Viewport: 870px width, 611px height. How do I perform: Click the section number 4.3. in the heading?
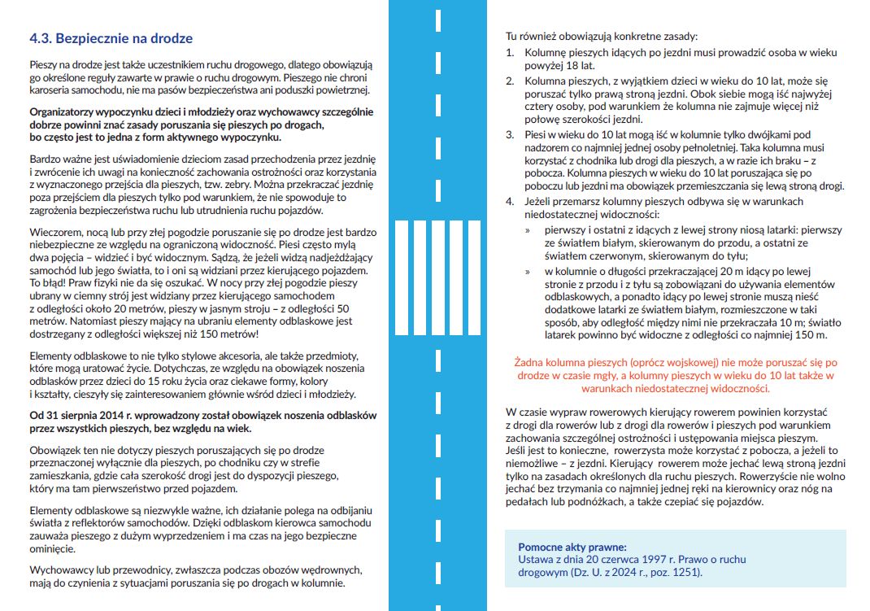tap(41, 38)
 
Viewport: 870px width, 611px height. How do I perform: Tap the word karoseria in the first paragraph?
tap(52, 89)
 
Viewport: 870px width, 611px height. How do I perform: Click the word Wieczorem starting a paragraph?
tap(56, 232)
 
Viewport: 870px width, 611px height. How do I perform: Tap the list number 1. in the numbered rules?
tap(510, 52)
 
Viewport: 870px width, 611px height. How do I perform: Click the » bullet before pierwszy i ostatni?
tap(528, 230)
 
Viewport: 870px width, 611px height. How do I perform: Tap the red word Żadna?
tap(530, 362)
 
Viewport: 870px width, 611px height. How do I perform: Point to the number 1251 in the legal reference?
tap(682, 572)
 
